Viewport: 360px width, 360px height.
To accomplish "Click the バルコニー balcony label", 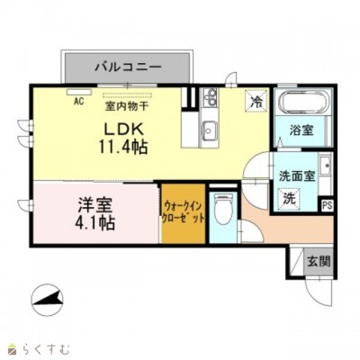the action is [128, 67].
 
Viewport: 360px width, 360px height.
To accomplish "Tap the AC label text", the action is [79, 101].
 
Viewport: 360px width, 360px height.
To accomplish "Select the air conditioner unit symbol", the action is [79, 92].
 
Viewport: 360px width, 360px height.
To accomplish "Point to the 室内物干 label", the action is [126, 106].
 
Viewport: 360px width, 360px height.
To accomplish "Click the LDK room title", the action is [122, 130].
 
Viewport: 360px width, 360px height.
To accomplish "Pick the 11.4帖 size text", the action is [123, 147].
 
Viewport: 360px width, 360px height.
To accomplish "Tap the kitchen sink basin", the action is [210, 130].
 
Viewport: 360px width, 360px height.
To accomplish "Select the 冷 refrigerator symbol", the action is [256, 101].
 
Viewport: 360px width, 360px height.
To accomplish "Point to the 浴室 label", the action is [301, 130].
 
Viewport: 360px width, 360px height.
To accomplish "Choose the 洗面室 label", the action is [297, 176].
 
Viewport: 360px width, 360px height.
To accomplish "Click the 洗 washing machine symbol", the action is [289, 198].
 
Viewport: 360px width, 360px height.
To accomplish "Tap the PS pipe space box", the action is [328, 206].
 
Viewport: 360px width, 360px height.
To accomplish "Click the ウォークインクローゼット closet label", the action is [183, 212].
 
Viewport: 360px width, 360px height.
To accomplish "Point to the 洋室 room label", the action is [95, 205].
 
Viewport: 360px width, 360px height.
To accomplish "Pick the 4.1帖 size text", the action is [95, 222].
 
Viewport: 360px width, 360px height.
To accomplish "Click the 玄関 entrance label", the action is [319, 262].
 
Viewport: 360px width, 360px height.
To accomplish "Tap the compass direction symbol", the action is [48, 300].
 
